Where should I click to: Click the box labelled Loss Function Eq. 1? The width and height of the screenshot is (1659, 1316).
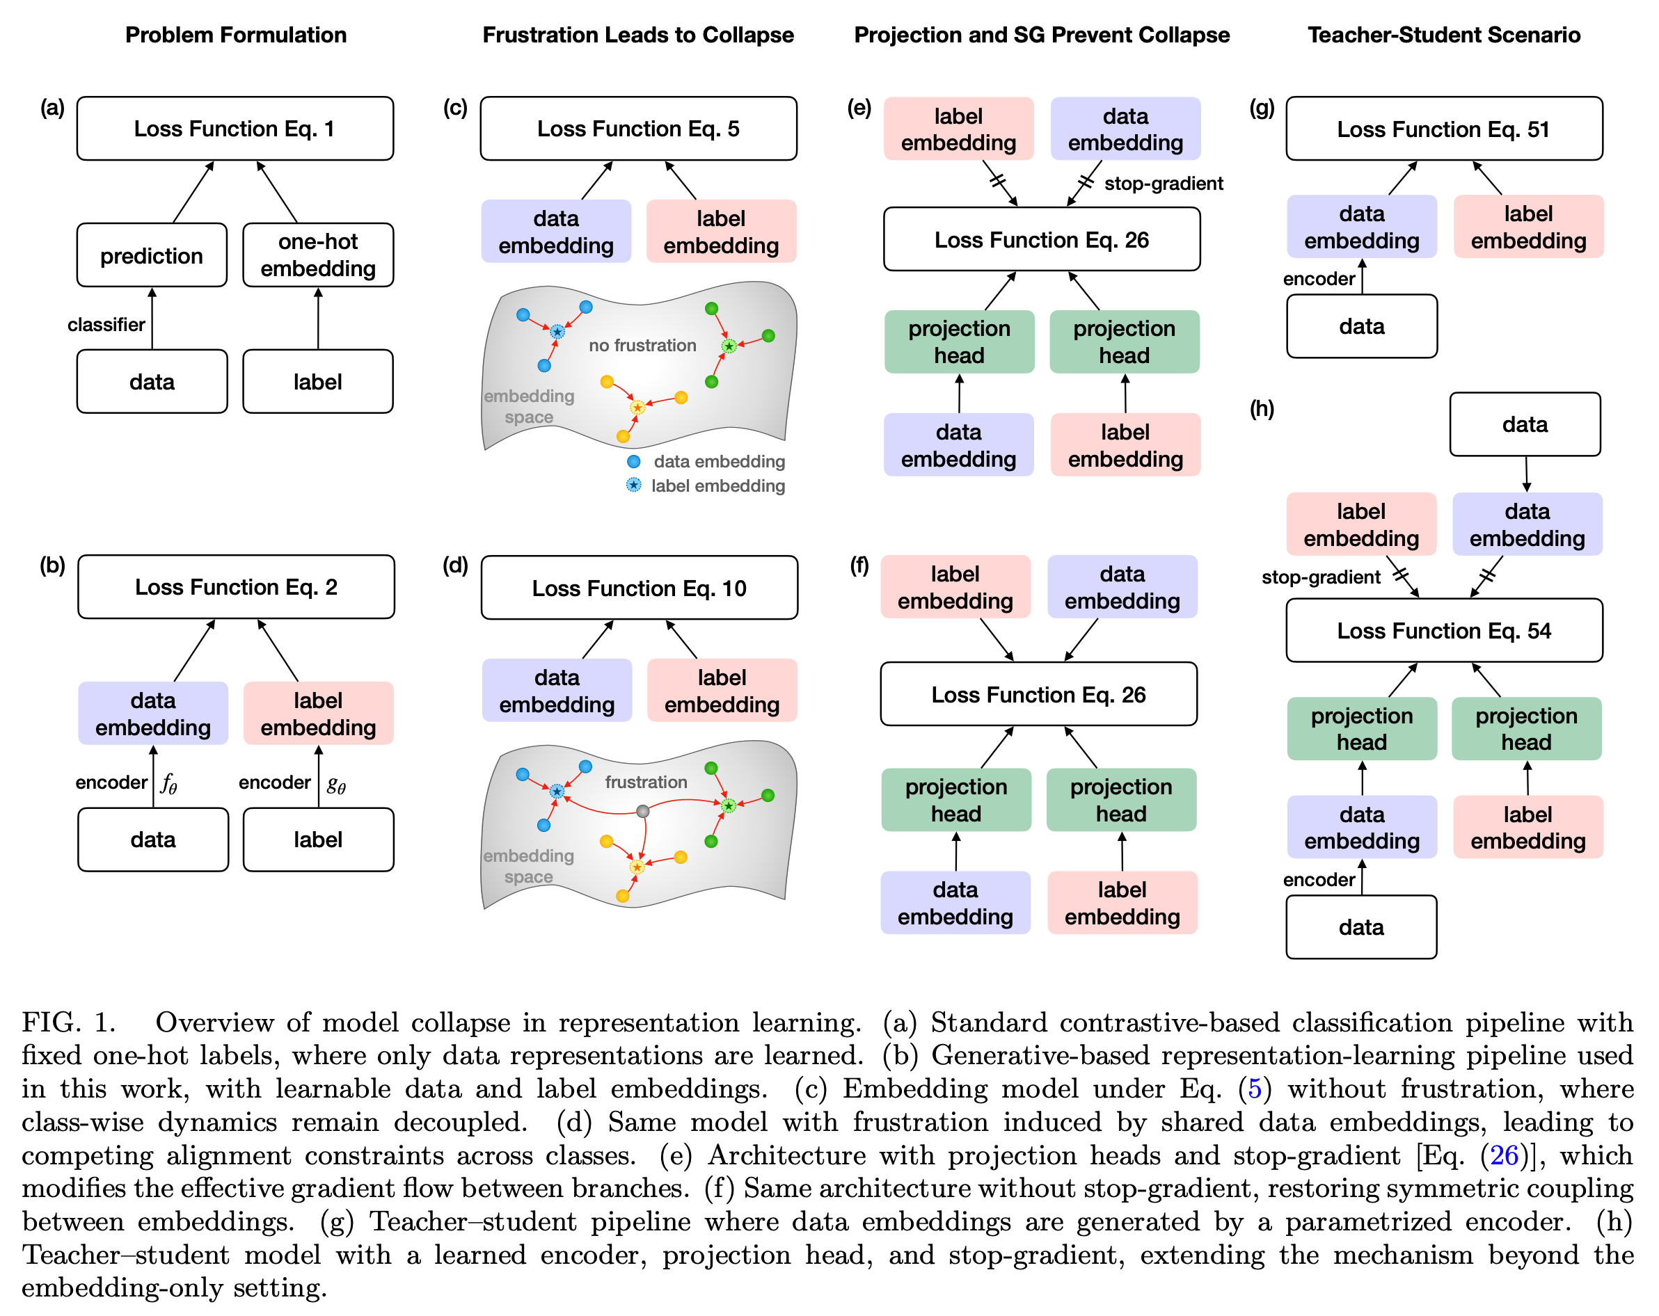pos(235,129)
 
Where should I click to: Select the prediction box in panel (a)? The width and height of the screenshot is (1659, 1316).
pos(152,255)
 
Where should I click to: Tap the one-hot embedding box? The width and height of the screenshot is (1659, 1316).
pos(318,255)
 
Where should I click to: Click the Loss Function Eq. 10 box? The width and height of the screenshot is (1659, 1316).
pos(639,588)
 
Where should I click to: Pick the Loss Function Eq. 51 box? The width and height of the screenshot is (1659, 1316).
pos(1443,129)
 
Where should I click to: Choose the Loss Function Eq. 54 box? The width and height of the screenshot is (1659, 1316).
pos(1443,631)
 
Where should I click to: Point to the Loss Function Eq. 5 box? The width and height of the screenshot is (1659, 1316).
pos(638,129)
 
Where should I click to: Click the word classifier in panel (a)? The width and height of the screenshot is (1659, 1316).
pos(106,325)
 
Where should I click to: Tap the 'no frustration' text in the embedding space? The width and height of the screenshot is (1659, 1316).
pos(642,345)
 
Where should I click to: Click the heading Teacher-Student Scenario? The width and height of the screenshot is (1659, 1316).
pos(1443,35)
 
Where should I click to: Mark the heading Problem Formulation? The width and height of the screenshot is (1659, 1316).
pos(235,35)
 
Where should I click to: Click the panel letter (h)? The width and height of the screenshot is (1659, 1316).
pos(1261,408)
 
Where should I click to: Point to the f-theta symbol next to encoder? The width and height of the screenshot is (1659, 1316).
pos(168,784)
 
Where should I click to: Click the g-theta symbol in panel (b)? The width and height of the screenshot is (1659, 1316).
pos(335,784)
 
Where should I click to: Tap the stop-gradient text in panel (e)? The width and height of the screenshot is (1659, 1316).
pos(1164,183)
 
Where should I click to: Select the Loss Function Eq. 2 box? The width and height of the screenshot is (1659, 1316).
pos(235,587)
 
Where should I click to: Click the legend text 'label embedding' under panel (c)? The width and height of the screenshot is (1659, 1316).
pos(718,486)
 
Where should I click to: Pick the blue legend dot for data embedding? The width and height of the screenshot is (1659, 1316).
pos(634,461)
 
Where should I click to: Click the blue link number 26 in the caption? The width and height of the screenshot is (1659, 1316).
pos(1504,1155)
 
